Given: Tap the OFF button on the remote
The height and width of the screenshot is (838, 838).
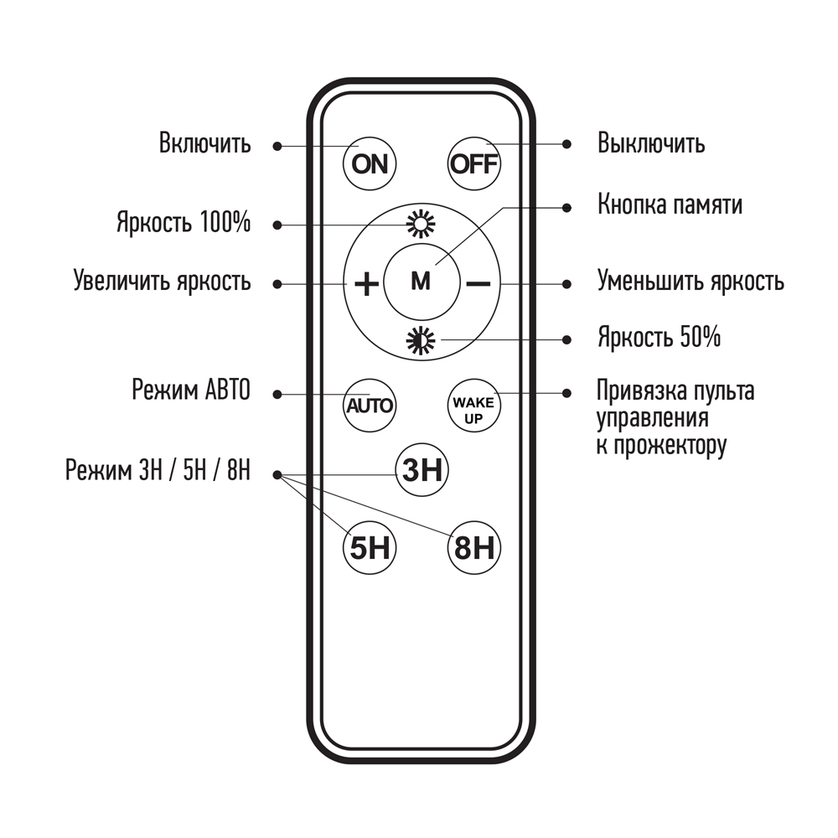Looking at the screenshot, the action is [x=474, y=164].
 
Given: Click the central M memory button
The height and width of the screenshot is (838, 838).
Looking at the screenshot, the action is [x=422, y=282].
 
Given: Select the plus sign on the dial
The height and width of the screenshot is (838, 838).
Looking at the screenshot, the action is [x=367, y=283].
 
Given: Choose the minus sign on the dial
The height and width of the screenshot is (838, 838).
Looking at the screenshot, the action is [x=478, y=283].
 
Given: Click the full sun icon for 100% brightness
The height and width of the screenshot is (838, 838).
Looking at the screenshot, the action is [x=422, y=224].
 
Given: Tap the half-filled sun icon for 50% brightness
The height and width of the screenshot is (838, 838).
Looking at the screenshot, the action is [x=422, y=340].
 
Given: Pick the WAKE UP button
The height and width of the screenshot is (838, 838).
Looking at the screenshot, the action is [x=474, y=406].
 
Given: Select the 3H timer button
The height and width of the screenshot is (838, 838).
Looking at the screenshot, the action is [x=422, y=470].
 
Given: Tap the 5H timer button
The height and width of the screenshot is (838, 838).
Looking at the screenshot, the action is [x=370, y=548].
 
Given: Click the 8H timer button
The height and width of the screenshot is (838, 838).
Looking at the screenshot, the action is [x=474, y=548].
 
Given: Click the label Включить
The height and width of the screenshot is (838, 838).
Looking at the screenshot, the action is [x=204, y=143].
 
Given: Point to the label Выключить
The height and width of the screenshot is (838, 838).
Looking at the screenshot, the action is [x=651, y=143].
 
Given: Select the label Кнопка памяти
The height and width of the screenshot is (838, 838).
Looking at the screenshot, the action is [x=670, y=204].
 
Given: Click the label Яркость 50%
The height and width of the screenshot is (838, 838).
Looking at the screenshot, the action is [x=659, y=337].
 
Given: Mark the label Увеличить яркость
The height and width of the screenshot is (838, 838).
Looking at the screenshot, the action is [x=162, y=281].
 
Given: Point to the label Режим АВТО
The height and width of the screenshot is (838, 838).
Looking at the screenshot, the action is [x=191, y=390].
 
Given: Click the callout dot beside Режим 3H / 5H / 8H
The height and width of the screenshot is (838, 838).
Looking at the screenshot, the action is [x=277, y=474].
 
